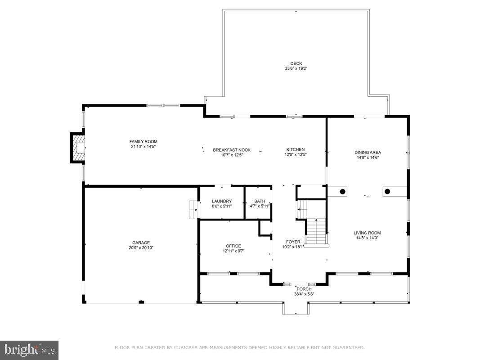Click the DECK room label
(296, 63)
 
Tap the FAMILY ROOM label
(143, 141)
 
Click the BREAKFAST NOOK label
(232, 150)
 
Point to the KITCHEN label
(296, 149)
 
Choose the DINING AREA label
(368, 153)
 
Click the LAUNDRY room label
(222, 201)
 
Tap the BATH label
(260, 201)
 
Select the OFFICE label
(233, 246)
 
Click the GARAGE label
(141, 243)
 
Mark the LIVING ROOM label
(367, 233)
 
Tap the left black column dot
(342, 192)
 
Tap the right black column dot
(387, 191)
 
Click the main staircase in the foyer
(317, 232)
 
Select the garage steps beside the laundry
(193, 209)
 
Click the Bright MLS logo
(29, 350)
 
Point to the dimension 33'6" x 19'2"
(296, 69)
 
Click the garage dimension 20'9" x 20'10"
(141, 248)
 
